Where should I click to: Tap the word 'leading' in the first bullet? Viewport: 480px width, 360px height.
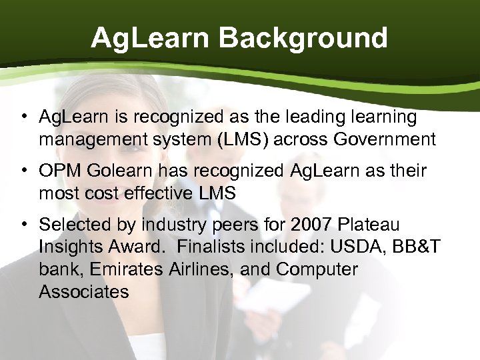click(x=319, y=118)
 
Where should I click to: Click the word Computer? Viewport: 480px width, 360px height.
click(x=317, y=269)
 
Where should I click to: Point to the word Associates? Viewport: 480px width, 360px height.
click(x=84, y=291)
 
